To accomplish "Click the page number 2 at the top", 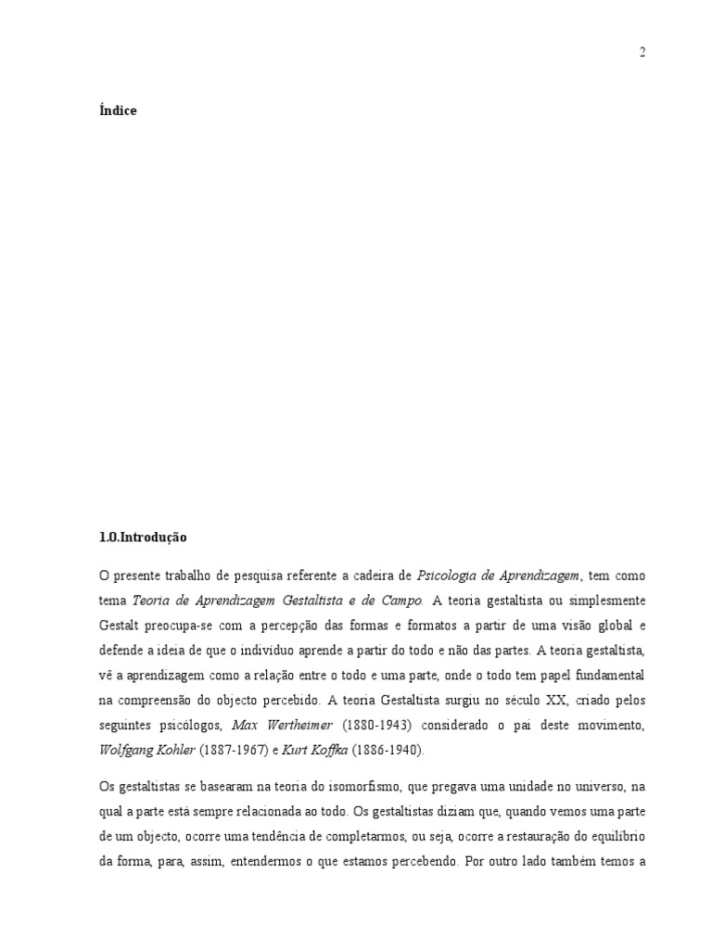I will tap(642, 53).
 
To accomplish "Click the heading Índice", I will tap(118, 111).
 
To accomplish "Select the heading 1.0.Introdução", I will tap(143, 537).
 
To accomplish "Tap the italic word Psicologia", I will tap(446, 576).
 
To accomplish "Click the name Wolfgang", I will tap(129, 744).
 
